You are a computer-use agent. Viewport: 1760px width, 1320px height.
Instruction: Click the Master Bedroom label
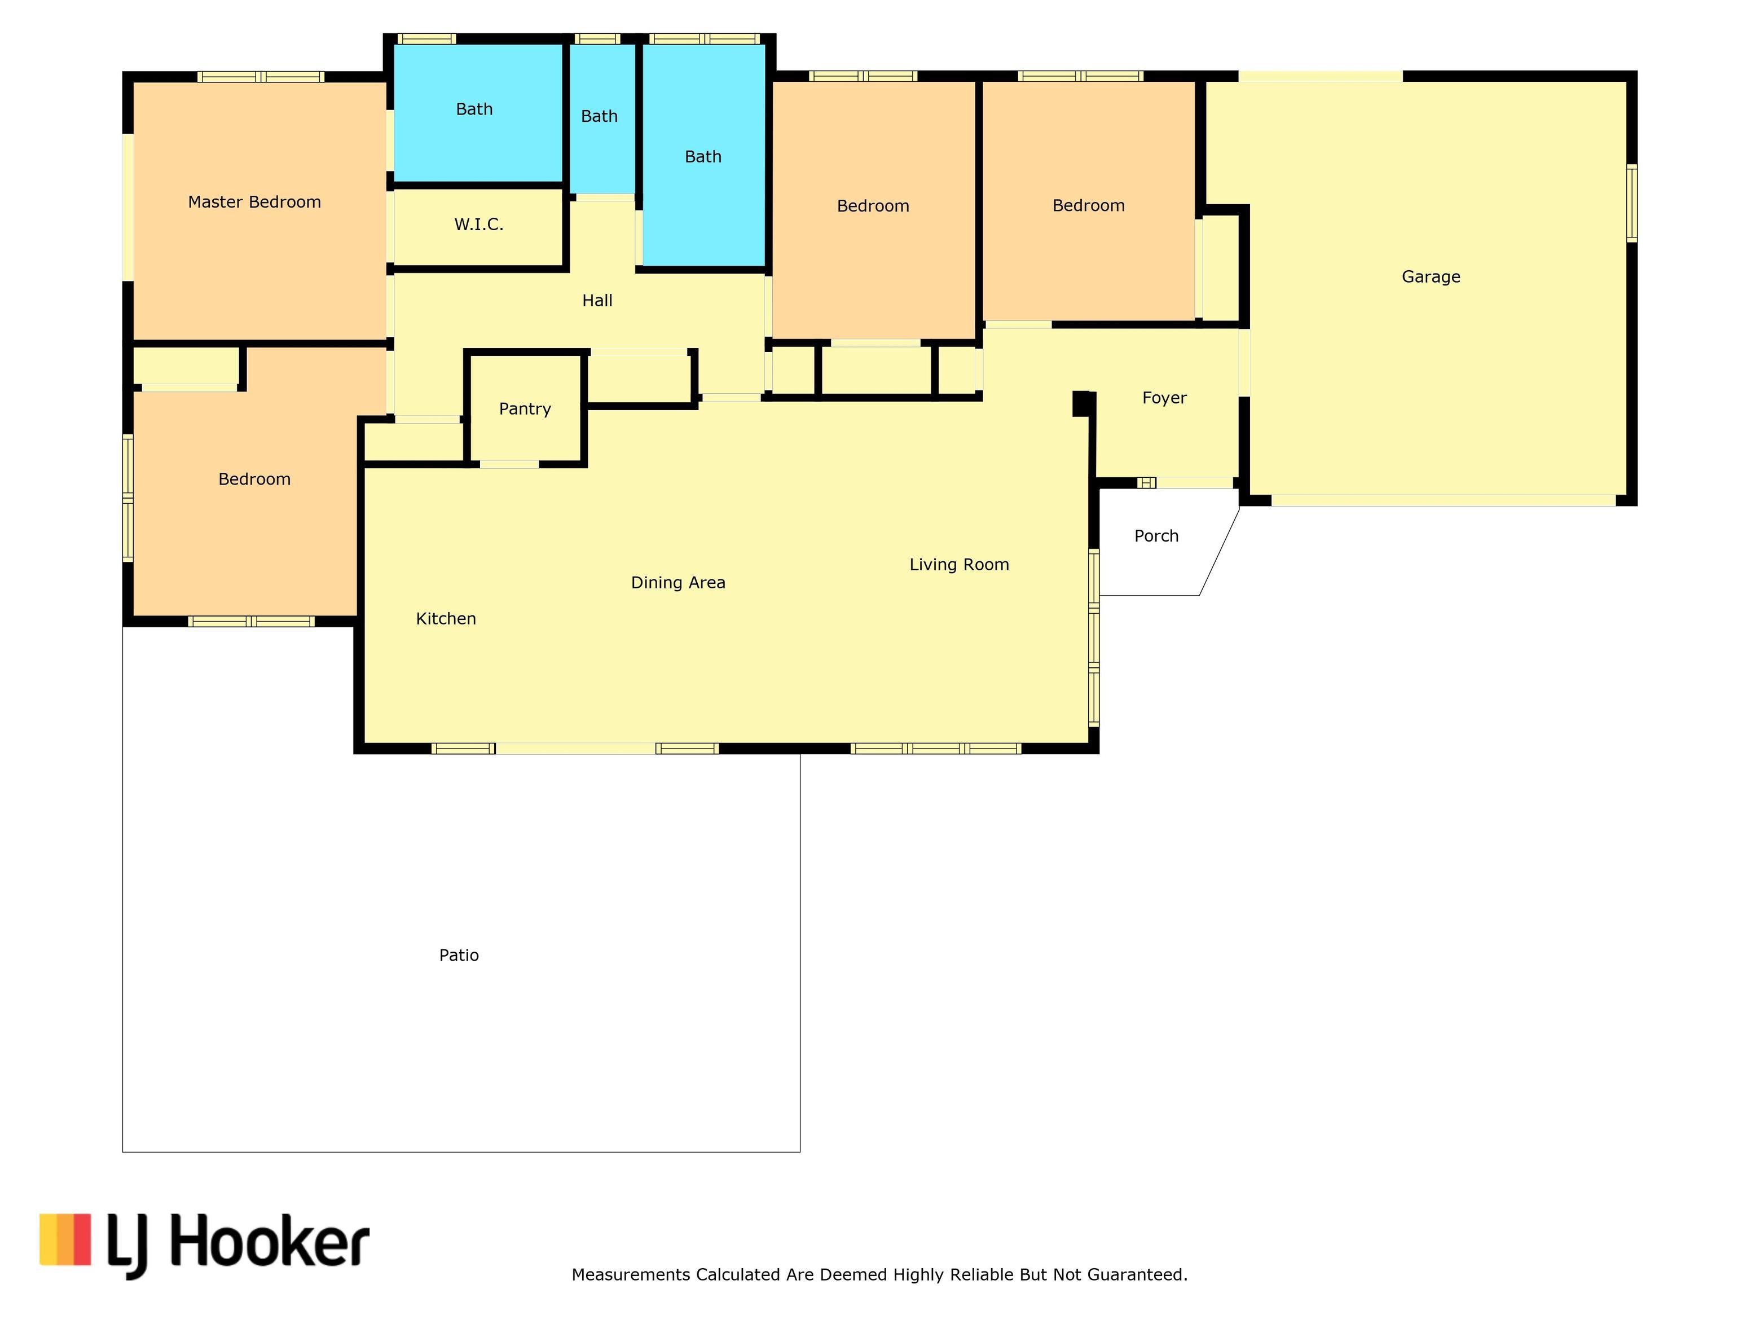(x=254, y=202)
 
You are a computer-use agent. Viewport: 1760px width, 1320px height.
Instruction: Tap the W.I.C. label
(x=479, y=225)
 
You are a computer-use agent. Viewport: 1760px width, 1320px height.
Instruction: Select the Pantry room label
(x=525, y=409)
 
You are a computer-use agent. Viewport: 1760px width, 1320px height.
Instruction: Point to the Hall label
(x=597, y=301)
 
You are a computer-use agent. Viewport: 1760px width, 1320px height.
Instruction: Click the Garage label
(x=1431, y=277)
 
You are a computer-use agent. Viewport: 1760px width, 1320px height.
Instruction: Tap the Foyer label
(x=1165, y=398)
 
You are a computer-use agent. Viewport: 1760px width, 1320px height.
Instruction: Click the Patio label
(x=459, y=956)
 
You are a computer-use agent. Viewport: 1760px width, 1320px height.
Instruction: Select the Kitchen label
(x=446, y=619)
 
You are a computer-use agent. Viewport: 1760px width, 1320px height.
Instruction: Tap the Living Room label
(x=960, y=565)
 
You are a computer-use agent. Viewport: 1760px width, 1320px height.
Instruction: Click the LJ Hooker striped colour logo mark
(x=65, y=1239)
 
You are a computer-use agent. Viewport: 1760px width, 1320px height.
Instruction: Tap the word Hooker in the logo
(x=270, y=1241)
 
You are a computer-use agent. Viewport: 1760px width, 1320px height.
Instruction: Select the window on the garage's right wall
(x=1632, y=203)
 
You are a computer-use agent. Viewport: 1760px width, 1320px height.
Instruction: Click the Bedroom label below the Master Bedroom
(x=254, y=479)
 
